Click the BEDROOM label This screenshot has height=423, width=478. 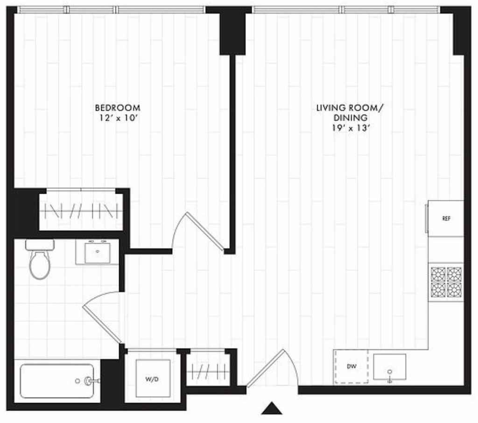pos(118,108)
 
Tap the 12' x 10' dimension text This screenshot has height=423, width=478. pos(117,118)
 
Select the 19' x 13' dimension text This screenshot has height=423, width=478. pos(351,128)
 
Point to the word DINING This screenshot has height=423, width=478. pos(350,117)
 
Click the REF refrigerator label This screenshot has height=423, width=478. pos(446,219)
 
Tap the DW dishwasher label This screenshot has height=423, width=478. pos(351,367)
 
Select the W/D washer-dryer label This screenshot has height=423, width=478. pos(152,379)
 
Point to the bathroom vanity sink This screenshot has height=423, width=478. pos(98,252)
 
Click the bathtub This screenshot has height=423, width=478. pos(57,381)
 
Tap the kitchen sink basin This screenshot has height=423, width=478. pos(390,367)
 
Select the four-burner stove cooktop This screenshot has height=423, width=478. pos(446,282)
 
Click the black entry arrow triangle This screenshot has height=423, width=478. pos(272,408)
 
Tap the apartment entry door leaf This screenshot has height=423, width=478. pos(265,368)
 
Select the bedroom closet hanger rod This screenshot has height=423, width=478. pos(81,211)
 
